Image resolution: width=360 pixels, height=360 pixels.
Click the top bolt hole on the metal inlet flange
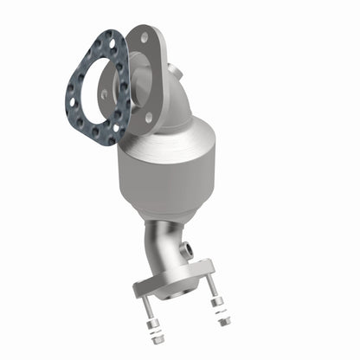[x=143, y=37]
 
